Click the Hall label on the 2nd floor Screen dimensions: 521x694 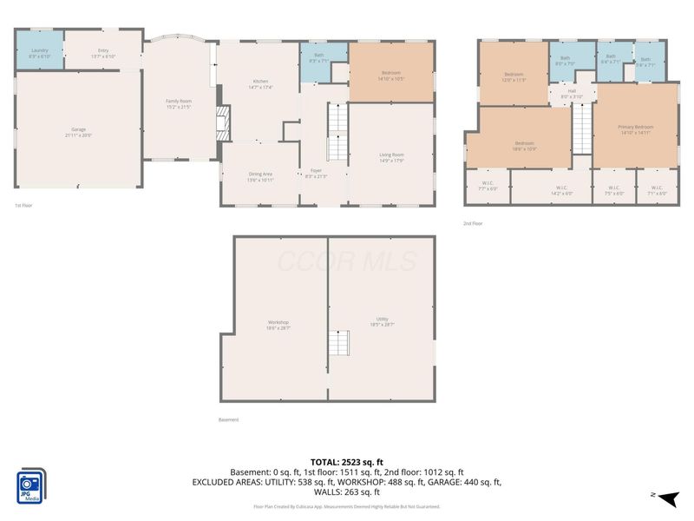[x=573, y=93]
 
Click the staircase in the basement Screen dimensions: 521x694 [x=341, y=344]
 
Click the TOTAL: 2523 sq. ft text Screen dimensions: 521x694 [x=347, y=462]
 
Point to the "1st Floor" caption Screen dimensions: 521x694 [x=23, y=206]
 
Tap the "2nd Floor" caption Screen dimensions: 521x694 [x=473, y=223]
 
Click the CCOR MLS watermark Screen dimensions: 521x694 [x=347, y=261]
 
